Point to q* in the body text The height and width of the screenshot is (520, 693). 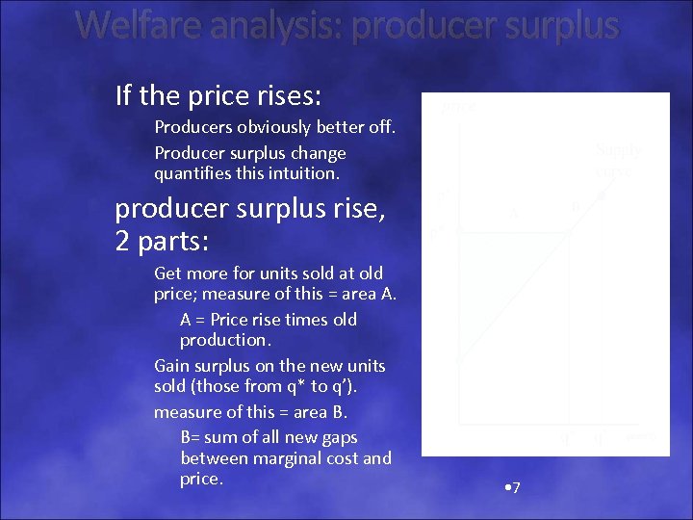click(307, 386)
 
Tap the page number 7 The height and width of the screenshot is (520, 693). click(516, 488)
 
